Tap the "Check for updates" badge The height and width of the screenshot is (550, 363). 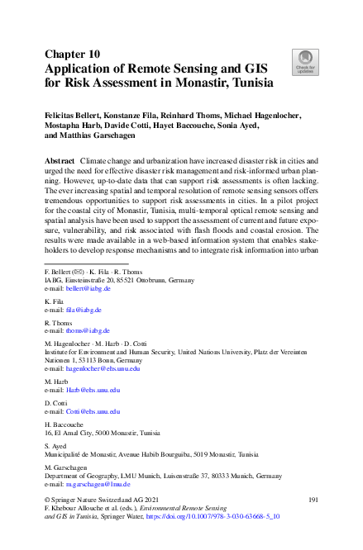click(305, 60)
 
